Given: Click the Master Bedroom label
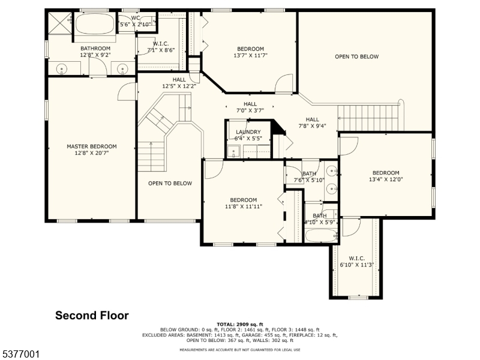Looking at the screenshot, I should pos(91,146).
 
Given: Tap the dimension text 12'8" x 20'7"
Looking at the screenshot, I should pos(91,153).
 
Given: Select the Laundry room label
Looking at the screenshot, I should pos(248,132).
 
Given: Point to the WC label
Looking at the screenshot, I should pos(136,17).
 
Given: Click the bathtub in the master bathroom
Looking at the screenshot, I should pos(95,26).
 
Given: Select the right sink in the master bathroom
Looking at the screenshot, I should pos(123,69).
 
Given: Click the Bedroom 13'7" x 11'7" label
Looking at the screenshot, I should pos(250,49).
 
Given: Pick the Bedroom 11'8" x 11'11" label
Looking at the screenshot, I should pos(243,200).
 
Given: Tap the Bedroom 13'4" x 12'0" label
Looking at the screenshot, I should pos(385,173).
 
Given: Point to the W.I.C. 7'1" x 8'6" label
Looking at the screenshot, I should pos(160,43).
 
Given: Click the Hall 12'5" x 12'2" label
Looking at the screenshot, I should pos(179,79).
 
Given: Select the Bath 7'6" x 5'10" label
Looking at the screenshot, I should pos(309,174).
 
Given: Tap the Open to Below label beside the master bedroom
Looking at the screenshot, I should pos(170,184).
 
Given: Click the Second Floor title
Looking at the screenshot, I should pos(92,315).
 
